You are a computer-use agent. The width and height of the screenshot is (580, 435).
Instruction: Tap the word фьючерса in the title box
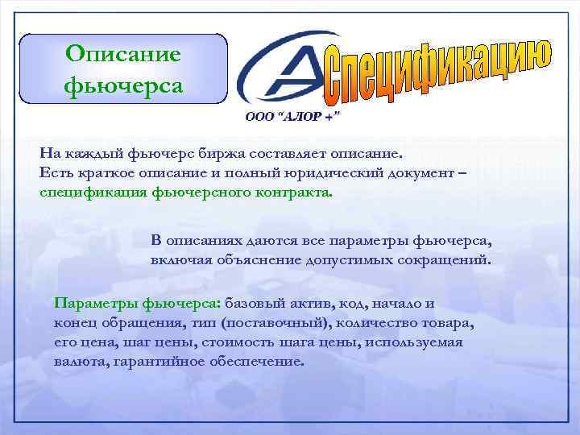123,85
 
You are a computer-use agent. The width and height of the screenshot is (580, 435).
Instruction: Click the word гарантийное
166,362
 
